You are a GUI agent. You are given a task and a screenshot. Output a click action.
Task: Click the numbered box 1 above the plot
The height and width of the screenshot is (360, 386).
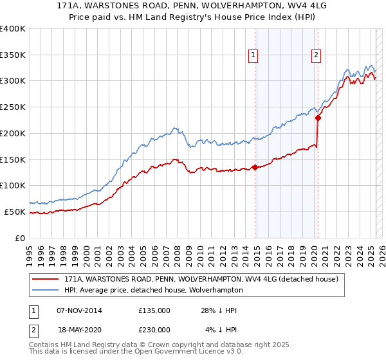click(x=253, y=56)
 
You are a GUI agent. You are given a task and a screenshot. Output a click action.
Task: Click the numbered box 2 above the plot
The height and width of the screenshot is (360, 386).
click(x=317, y=56)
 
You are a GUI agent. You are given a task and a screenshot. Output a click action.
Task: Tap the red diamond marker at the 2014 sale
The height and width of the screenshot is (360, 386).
click(x=255, y=167)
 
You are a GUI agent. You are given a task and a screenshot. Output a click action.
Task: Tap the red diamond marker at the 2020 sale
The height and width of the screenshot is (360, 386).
click(x=318, y=118)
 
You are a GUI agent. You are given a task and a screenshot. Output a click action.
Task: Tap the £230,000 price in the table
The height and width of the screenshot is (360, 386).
click(x=154, y=329)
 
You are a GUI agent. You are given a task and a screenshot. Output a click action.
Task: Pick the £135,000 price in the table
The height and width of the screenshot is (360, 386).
click(x=154, y=311)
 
